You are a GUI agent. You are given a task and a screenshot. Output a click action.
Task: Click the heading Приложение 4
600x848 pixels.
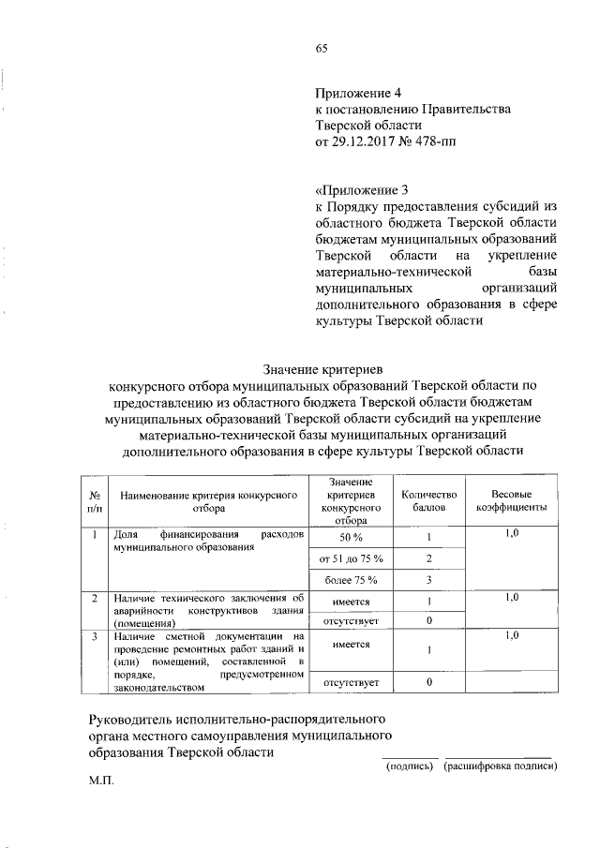(358, 93)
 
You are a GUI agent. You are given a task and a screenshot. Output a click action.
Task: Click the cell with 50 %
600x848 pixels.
(352, 538)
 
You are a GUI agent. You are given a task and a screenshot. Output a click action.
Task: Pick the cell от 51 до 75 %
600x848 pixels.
(352, 559)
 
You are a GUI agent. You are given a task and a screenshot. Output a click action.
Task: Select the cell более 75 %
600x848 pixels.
(352, 580)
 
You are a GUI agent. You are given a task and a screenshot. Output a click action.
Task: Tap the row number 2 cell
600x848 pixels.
(95, 597)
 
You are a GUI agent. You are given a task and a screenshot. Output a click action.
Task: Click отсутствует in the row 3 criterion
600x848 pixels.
(352, 682)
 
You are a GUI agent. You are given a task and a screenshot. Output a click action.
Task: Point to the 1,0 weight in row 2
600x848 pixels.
(512, 597)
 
